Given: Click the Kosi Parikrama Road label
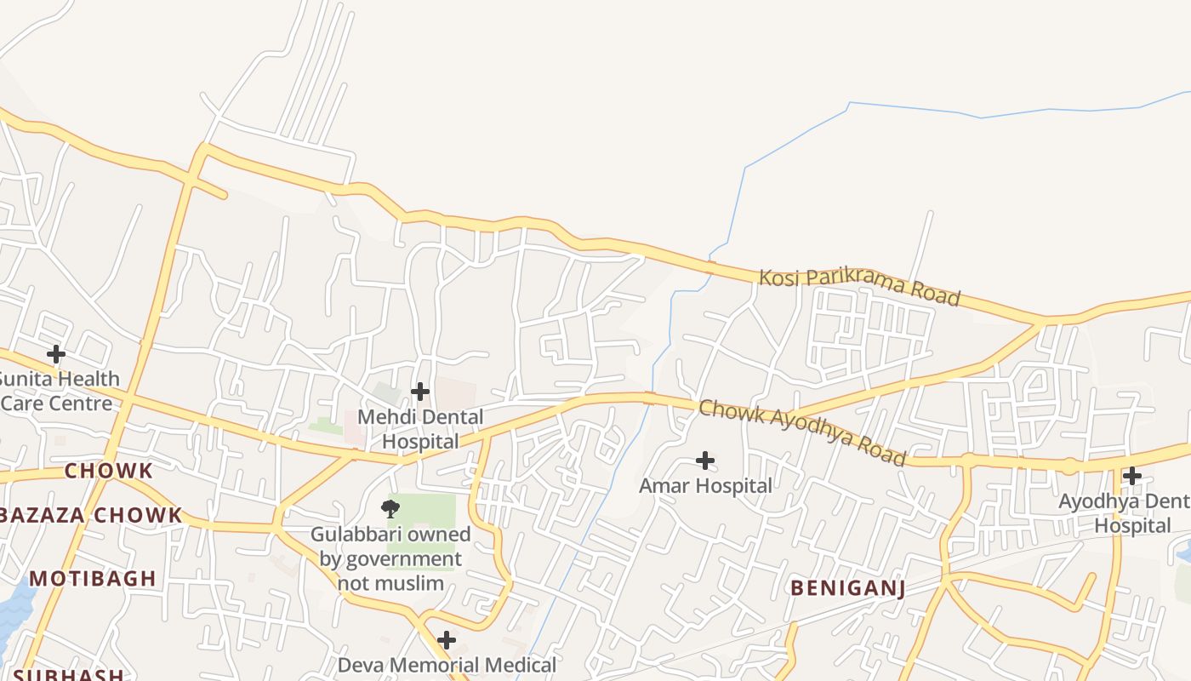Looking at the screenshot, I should coord(859,287).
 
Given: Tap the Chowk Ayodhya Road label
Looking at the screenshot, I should coord(802,432).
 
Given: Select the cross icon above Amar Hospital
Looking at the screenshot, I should coord(705,461).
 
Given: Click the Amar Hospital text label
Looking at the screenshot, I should coord(705,486).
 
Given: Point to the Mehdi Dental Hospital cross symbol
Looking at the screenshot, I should coord(420,392).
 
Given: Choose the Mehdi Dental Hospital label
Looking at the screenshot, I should coord(420,429).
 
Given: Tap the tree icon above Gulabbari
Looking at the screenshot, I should coord(390,509).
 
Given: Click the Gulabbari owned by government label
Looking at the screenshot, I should coord(390,558).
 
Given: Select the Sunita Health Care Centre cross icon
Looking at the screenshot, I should coord(56,353).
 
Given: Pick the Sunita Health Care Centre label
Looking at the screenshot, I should coord(58,391).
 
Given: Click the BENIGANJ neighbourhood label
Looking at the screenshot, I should coord(847,588).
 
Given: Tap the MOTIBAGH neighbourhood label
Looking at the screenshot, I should coord(93,579).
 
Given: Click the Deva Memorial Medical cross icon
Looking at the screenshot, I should coord(447,640).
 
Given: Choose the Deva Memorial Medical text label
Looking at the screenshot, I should coord(447,665).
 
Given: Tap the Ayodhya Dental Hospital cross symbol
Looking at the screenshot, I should coord(1132,476).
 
